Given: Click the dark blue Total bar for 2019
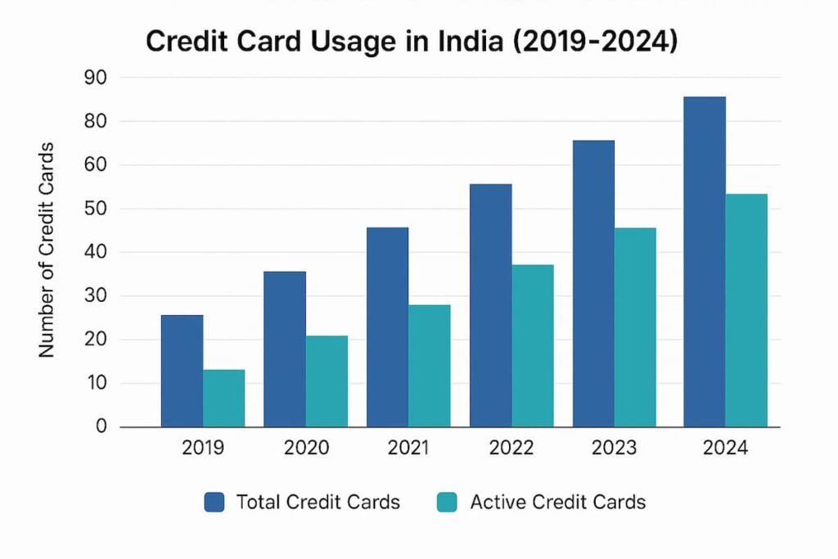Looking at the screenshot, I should tap(182, 371).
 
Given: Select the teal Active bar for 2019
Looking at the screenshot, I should tap(223, 398).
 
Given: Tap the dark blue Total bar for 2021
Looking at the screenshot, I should tap(387, 327).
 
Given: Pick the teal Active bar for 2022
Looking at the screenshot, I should tap(532, 345).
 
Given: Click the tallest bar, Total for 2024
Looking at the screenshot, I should tap(704, 262).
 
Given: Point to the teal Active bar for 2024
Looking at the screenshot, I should tap(746, 310).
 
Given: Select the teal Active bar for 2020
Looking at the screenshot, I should tap(327, 381).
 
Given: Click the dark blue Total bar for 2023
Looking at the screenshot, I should tap(593, 283).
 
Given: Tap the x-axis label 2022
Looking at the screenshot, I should tap(511, 449).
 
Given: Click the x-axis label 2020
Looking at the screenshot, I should tap(306, 449).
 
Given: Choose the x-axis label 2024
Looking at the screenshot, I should tap(724, 449).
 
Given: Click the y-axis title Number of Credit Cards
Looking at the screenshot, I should tap(47, 250).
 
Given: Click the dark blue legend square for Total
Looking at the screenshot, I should tap(214, 502).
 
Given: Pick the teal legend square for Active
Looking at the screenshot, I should tap(448, 502).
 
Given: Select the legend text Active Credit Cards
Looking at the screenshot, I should tap(557, 502).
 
